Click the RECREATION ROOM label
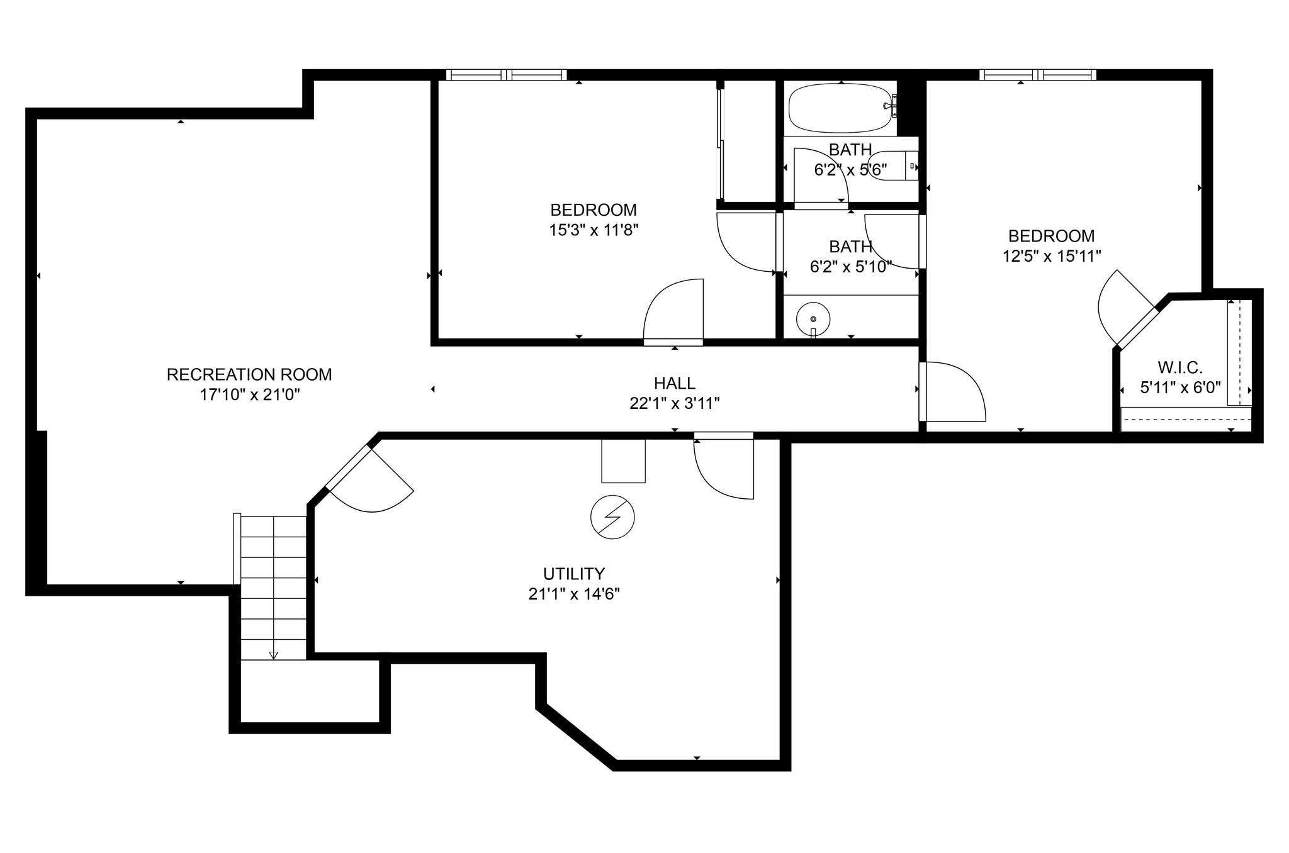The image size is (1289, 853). [249, 374]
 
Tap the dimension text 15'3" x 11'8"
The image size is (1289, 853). [594, 230]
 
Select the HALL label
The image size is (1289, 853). [674, 383]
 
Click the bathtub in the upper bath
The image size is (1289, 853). [842, 108]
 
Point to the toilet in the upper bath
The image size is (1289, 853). [892, 166]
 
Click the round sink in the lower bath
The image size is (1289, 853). [813, 319]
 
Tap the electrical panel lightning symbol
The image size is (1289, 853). [612, 517]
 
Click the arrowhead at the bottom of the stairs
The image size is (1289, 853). [273, 655]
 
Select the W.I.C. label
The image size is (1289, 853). [1179, 367]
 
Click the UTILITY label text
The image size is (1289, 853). [573, 574]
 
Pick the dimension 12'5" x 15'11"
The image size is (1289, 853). [1051, 256]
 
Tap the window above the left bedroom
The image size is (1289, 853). [506, 75]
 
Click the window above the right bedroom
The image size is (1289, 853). [1037, 75]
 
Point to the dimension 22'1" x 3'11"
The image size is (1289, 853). [674, 403]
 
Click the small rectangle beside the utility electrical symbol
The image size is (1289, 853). [623, 461]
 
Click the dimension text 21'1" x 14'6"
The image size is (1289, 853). [573, 594]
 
